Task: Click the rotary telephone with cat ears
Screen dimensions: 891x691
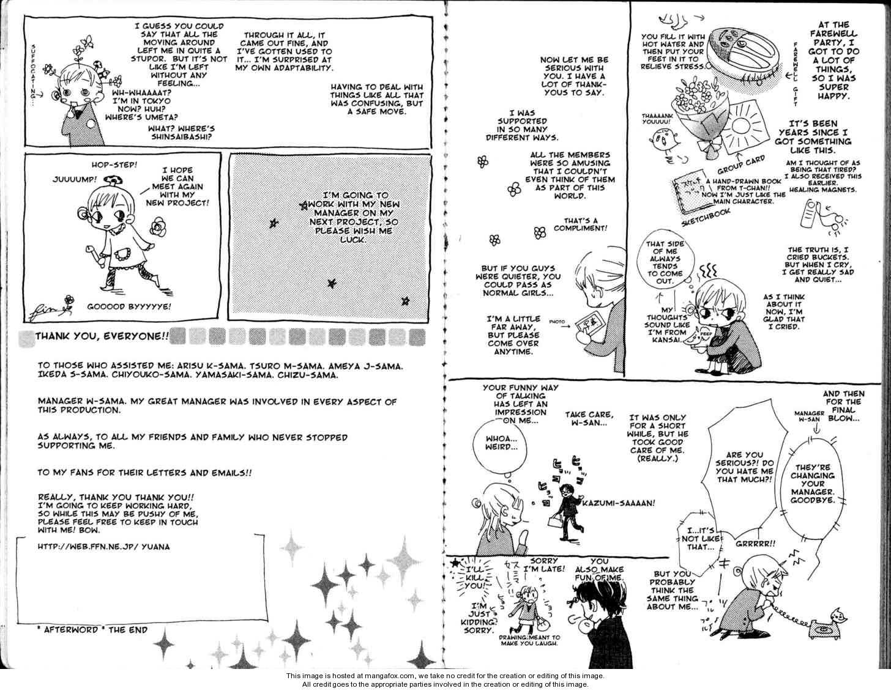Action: pos(824,624)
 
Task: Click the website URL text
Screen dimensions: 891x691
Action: pos(103,547)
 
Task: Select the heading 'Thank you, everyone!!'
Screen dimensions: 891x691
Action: pos(102,336)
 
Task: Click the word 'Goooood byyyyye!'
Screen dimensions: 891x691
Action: pos(129,306)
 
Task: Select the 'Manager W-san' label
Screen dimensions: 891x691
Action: pos(809,416)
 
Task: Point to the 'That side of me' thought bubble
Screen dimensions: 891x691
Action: pos(664,262)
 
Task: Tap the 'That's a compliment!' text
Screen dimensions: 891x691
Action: pos(580,224)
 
